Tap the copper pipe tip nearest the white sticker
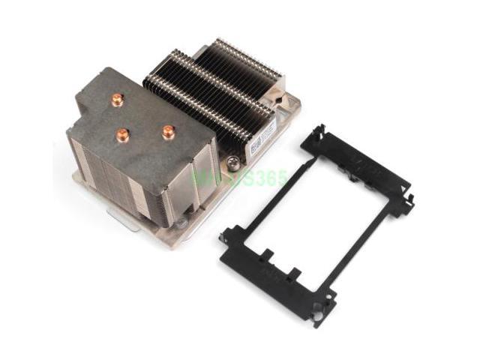(168, 130)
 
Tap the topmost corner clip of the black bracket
(319, 132)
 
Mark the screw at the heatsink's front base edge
(180, 223)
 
